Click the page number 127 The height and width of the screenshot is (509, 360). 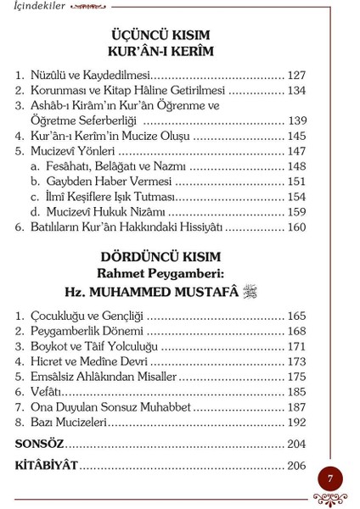(x=295, y=76)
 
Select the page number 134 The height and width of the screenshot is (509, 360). (x=295, y=91)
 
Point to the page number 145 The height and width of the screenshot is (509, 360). (x=295, y=136)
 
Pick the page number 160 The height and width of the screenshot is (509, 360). (x=295, y=227)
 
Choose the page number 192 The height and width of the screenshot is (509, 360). (x=295, y=422)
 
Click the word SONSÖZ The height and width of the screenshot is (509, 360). (x=40, y=444)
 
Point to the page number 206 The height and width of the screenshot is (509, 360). (x=295, y=465)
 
